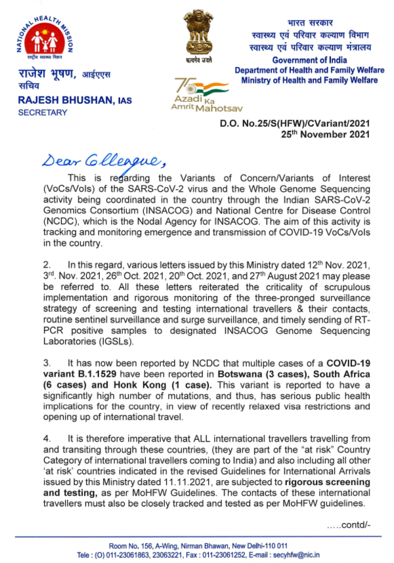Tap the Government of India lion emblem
pos(198,33)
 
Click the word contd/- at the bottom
pos(348,526)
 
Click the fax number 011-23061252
pos(223,554)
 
